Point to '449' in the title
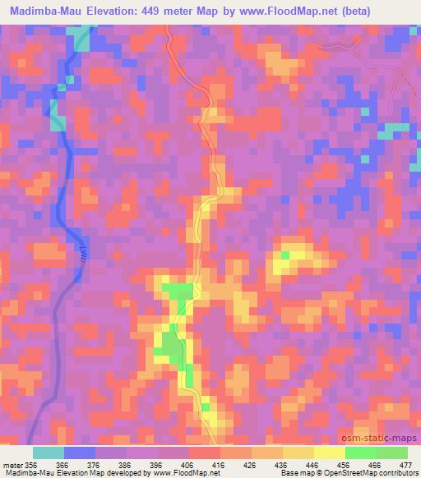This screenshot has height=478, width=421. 160,11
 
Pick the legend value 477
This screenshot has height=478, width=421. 405,465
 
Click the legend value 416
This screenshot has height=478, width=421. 219,465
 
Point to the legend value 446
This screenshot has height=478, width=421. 312,465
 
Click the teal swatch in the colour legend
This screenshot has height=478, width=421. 49,453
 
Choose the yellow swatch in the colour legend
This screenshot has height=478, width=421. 329,453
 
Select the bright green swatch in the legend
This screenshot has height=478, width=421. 360,453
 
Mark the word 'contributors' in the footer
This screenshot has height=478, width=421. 397,474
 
